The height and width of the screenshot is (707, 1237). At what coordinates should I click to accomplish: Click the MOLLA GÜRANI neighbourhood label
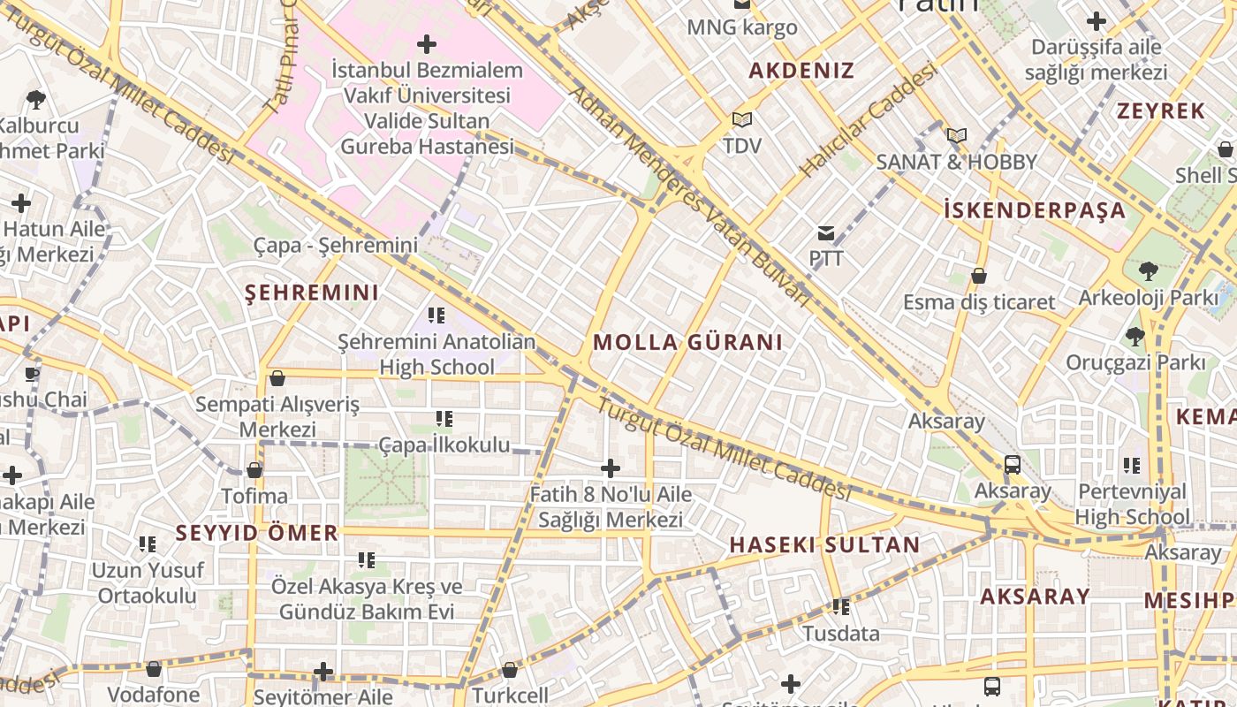(687, 343)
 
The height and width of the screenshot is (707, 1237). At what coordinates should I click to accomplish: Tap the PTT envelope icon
(826, 233)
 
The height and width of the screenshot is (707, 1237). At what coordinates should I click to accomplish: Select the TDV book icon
(741, 119)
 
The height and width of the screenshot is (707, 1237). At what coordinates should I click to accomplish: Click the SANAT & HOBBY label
(956, 162)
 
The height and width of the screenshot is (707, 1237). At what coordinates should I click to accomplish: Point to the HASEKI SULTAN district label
(824, 545)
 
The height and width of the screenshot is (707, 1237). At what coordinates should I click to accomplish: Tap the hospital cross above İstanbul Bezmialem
(427, 43)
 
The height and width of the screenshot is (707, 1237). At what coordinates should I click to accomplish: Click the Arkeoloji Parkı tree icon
(1148, 270)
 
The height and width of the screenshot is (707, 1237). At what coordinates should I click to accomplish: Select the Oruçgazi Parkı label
(1135, 362)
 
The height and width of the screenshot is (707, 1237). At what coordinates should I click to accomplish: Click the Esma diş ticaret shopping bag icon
(978, 277)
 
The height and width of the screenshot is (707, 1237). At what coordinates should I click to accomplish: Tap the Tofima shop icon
(254, 470)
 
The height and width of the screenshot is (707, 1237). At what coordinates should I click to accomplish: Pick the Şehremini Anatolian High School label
(436, 353)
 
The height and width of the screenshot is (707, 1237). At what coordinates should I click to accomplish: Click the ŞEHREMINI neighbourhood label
(312, 293)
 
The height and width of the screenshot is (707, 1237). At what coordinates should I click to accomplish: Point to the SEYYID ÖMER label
(256, 533)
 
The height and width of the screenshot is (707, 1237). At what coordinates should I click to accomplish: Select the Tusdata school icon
(841, 607)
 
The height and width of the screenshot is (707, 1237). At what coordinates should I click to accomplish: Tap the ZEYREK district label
(1160, 111)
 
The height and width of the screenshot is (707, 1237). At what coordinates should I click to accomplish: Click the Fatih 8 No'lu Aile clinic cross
(610, 468)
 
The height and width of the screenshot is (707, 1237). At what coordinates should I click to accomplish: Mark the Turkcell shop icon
(509, 670)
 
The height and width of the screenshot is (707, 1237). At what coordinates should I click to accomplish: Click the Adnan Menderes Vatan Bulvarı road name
(689, 194)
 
